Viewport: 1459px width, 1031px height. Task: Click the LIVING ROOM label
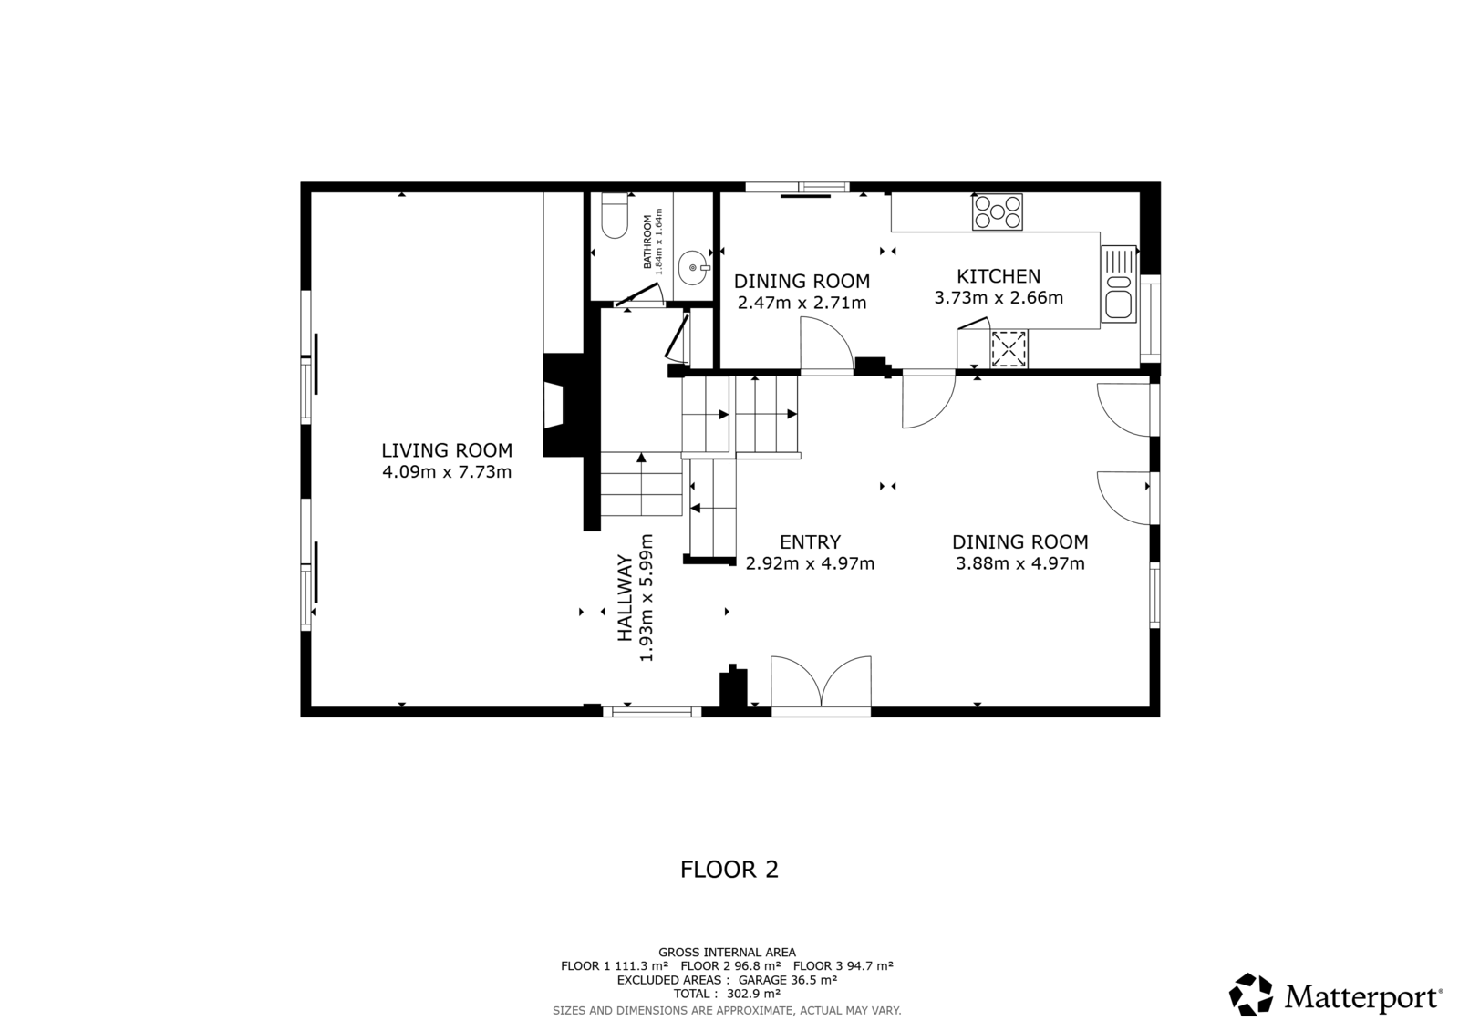pos(447,450)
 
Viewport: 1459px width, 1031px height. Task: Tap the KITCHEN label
pos(999,276)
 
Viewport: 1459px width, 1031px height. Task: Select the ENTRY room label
pos(811,541)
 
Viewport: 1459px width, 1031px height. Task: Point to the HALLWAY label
pos(626,598)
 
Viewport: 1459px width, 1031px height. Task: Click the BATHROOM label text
pos(647,242)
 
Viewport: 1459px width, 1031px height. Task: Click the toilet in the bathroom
pos(615,215)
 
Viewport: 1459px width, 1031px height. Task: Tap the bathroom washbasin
pos(693,268)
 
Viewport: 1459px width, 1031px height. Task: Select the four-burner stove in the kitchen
pos(998,211)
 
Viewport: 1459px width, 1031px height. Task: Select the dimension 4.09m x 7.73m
pos(447,471)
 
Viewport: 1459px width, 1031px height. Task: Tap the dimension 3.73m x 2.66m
pos(999,298)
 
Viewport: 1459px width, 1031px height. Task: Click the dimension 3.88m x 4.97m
pos(1020,563)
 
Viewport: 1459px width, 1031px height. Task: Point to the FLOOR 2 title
pos(729,870)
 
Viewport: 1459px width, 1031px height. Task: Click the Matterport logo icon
pos(1250,995)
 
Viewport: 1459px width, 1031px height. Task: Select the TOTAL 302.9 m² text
pos(727,994)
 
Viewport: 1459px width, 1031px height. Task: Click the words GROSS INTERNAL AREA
pos(727,953)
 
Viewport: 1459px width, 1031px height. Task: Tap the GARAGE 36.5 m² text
pos(788,980)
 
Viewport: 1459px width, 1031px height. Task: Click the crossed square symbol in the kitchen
pos(1009,348)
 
